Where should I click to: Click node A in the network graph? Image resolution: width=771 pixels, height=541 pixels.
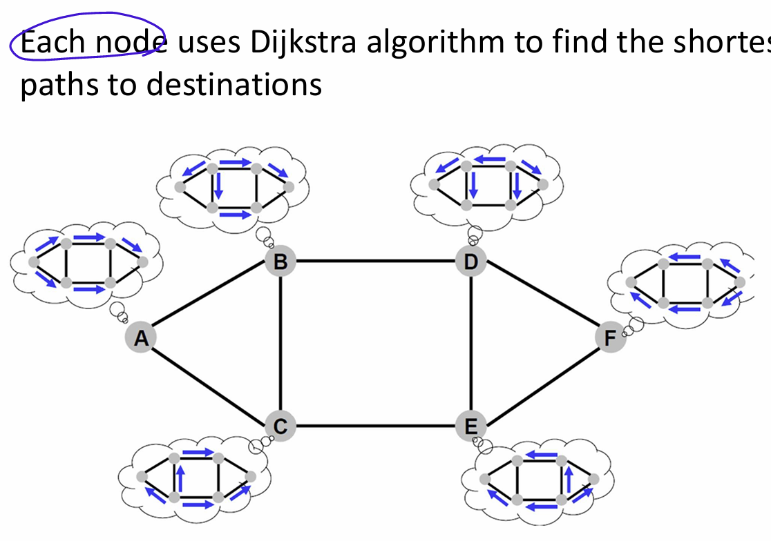click(x=141, y=338)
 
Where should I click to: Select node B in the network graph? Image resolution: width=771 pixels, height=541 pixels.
click(x=280, y=262)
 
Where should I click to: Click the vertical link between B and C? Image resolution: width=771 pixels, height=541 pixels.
click(x=280, y=344)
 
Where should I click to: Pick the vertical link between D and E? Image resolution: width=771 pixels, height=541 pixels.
click(x=471, y=344)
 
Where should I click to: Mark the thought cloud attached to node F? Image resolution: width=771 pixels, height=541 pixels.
click(x=684, y=284)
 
